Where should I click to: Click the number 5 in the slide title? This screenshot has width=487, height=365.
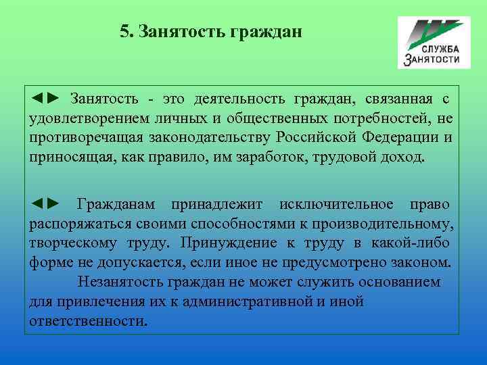(124, 32)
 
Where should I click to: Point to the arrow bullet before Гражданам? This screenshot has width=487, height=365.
(45, 203)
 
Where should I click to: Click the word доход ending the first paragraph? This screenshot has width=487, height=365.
(404, 158)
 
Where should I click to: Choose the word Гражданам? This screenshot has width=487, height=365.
(116, 203)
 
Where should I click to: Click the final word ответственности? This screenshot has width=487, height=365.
(87, 320)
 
